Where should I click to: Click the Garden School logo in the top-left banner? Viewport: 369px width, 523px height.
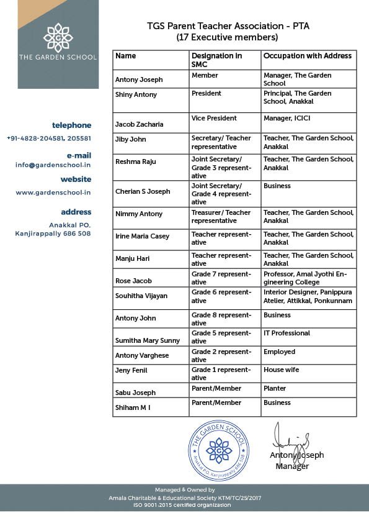click(x=58, y=37)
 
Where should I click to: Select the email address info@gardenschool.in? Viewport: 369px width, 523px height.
click(x=53, y=165)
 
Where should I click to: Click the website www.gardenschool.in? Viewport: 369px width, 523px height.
click(x=53, y=193)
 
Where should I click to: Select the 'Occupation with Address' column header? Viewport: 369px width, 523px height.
click(x=307, y=56)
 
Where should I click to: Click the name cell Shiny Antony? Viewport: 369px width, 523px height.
click(x=136, y=95)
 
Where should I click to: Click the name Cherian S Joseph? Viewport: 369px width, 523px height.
click(x=143, y=191)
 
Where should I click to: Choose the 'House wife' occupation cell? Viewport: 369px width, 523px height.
click(x=281, y=370)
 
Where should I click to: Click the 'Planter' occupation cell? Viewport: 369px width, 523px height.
click(x=275, y=388)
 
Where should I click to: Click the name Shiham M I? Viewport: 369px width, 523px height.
click(x=133, y=407)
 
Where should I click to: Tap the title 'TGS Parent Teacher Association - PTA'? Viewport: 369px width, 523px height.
click(x=227, y=27)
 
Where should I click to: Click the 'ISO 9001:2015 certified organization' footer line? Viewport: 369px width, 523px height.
click(x=184, y=505)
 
